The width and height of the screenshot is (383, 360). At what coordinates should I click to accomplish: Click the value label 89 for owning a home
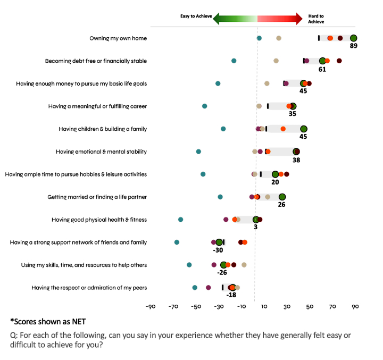pos(353,46)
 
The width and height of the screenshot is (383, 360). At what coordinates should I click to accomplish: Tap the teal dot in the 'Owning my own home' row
pos(259,38)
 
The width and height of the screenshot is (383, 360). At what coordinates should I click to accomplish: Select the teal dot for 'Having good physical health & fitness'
pos(180,220)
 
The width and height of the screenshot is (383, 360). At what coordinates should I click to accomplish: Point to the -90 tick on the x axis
pos(151,306)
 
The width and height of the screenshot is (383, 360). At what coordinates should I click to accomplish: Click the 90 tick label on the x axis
pos(355,306)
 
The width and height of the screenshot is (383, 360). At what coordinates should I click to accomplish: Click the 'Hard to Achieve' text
pos(316,19)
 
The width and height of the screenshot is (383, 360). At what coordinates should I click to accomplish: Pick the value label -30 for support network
pos(218,250)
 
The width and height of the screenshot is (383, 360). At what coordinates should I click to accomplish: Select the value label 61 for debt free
pos(322,69)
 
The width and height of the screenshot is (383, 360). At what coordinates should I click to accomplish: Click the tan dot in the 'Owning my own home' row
pos(279,38)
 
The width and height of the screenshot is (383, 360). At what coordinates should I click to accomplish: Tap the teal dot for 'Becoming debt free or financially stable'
pos(234,61)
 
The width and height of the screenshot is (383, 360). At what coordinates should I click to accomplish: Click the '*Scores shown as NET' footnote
pos(48,321)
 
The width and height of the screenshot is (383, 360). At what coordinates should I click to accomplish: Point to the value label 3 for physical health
pos(256,227)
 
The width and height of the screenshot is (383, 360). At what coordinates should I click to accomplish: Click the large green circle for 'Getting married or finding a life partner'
pos(282,197)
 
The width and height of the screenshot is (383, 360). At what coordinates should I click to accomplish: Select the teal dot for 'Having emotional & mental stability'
pos(198,152)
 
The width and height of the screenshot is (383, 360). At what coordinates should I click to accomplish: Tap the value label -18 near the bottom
pos(231,295)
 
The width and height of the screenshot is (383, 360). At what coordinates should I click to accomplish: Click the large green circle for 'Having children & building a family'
pos(303,129)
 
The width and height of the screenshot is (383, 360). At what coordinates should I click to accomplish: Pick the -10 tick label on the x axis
pos(241,306)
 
